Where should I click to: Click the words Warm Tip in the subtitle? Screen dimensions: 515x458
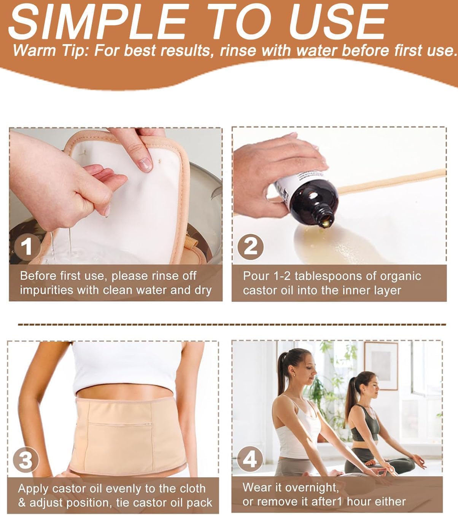48,50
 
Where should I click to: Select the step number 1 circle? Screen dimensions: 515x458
26,247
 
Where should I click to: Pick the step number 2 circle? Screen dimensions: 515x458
250,247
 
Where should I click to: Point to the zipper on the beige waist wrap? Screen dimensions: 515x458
122,425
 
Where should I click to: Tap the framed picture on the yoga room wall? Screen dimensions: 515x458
381,365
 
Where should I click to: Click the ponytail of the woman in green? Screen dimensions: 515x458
349,396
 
